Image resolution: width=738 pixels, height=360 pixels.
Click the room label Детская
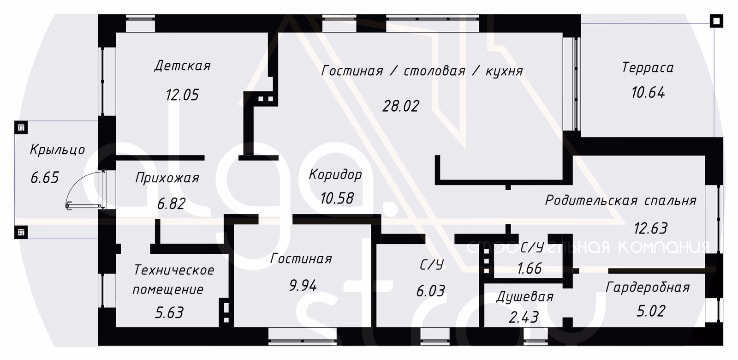(x=183, y=66)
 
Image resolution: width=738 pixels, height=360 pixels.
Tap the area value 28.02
(x=401, y=106)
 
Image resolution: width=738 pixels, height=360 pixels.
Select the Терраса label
(x=648, y=67)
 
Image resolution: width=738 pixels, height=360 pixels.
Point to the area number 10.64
(x=648, y=92)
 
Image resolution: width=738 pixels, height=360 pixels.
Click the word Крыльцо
(x=58, y=150)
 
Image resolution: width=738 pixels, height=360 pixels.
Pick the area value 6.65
(x=45, y=178)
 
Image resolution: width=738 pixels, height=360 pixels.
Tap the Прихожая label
(x=167, y=178)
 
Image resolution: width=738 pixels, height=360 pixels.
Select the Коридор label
(x=335, y=174)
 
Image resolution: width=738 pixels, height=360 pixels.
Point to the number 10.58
(x=337, y=198)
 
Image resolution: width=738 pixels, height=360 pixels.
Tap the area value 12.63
(x=651, y=228)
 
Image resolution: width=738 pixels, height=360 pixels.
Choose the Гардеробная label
(x=648, y=288)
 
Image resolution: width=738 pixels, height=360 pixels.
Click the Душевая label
(x=525, y=297)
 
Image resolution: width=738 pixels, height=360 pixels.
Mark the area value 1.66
(x=530, y=268)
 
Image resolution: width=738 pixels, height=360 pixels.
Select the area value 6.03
(x=431, y=291)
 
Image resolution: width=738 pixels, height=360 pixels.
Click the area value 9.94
(x=303, y=286)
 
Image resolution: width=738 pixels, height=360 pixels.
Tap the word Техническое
(x=174, y=270)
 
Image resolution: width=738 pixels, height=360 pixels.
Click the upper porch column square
(x=21, y=127)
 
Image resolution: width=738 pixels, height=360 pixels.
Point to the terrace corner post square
(x=716, y=21)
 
